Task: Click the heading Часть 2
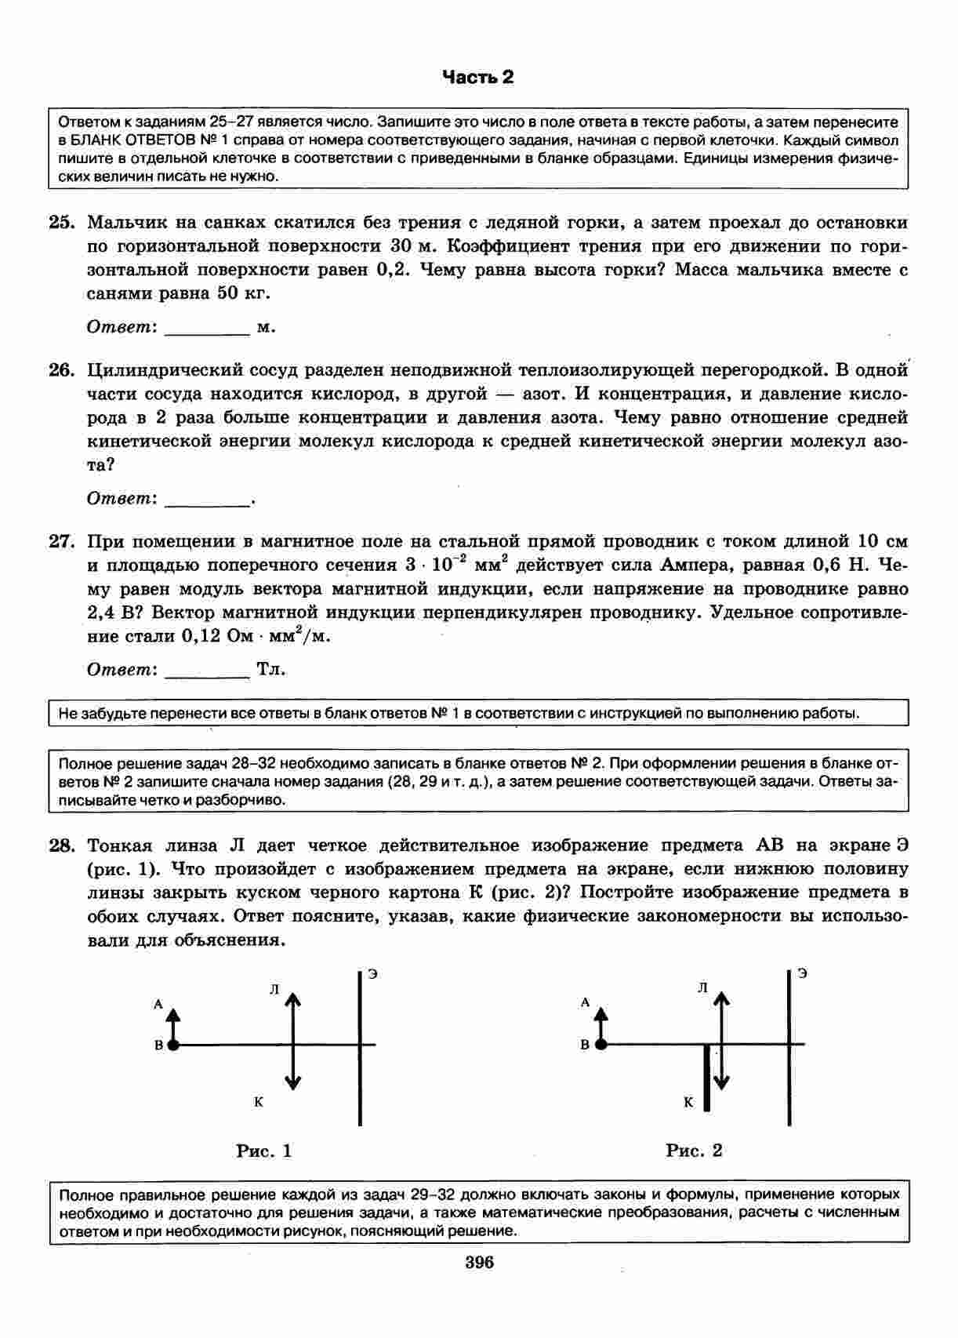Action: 478,77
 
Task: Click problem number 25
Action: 61,223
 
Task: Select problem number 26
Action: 61,370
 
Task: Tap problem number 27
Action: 61,541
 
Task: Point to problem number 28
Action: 61,845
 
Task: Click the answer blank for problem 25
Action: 207,329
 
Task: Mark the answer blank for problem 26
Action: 207,500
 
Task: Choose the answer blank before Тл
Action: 207,671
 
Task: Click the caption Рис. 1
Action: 264,1151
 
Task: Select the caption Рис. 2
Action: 694,1151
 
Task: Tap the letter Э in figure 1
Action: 373,974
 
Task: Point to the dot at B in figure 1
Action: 173,1045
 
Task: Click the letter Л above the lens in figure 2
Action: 702,989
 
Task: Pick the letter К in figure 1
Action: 259,1102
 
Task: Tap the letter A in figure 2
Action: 585,1002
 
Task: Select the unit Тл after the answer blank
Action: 271,670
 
